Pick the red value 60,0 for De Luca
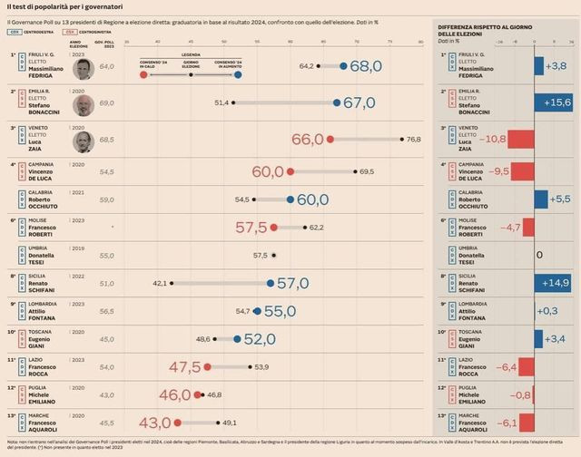(269, 171)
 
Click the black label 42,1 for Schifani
(161, 283)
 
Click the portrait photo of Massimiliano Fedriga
(84, 66)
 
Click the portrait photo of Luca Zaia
(84, 140)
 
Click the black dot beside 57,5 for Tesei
(275, 256)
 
